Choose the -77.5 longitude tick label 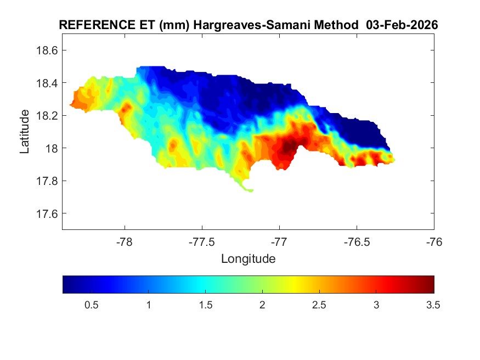(x=202, y=242)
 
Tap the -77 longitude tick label (x=279, y=242)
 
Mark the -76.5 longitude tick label (x=357, y=242)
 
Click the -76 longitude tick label (x=434, y=242)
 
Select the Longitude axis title (x=248, y=258)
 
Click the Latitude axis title (x=25, y=132)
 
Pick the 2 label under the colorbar (x=263, y=305)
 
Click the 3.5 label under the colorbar (x=433, y=305)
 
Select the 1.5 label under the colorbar (x=205, y=305)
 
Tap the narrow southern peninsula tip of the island (x=250, y=190)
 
